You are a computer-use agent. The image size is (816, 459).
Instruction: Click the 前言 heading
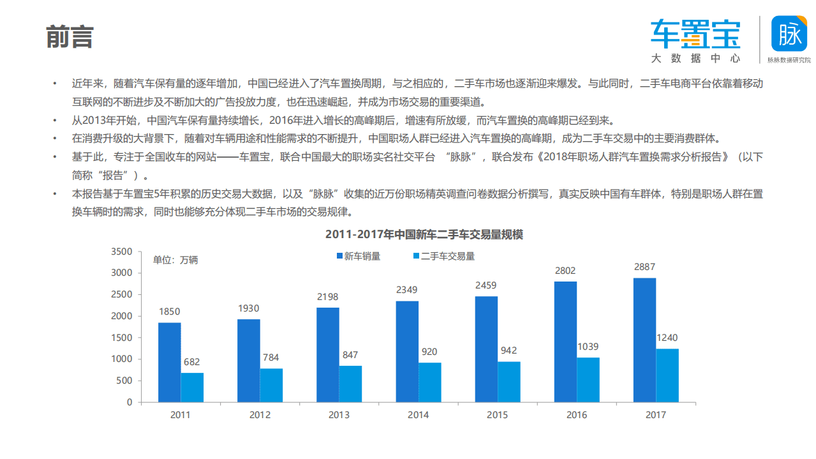(x=70, y=38)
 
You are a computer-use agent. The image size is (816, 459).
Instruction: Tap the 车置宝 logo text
(x=695, y=34)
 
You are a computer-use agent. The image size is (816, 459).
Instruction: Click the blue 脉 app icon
(x=790, y=34)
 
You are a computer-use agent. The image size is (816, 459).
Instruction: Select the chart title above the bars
(x=424, y=234)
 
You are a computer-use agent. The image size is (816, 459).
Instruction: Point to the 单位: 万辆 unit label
(x=175, y=260)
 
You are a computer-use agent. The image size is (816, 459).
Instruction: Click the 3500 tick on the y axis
(x=121, y=252)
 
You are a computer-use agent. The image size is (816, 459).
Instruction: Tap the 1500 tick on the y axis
(x=121, y=338)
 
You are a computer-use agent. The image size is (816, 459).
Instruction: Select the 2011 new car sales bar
(x=170, y=362)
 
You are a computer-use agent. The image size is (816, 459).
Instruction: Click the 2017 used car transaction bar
(x=667, y=375)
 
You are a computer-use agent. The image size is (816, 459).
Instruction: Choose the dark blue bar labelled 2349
(x=407, y=351)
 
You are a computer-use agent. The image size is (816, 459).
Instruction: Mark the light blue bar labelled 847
(x=350, y=384)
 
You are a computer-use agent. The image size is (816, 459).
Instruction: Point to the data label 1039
(x=588, y=347)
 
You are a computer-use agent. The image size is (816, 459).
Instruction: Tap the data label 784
(x=271, y=357)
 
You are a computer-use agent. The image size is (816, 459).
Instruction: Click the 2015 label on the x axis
(x=498, y=415)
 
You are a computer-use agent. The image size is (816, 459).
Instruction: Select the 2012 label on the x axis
(x=260, y=415)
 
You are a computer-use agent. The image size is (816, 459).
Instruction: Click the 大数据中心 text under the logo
(x=695, y=58)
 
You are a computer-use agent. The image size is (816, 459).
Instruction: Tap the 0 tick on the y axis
(x=130, y=402)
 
